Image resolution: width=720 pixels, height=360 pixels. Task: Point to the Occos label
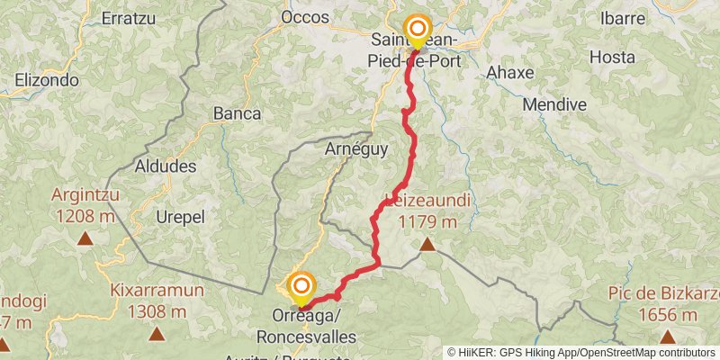[x=300, y=17]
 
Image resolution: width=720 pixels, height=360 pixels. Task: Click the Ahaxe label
[x=509, y=72]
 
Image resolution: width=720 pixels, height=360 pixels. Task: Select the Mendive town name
[x=554, y=104]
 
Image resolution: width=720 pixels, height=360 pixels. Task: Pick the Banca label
[x=237, y=114]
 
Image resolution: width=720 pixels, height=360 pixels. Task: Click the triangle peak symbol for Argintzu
[x=85, y=239]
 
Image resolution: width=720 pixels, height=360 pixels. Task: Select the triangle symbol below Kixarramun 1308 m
[x=157, y=334]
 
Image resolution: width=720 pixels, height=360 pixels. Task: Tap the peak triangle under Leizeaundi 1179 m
[x=427, y=244]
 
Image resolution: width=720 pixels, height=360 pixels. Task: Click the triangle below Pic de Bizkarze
[x=667, y=337]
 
